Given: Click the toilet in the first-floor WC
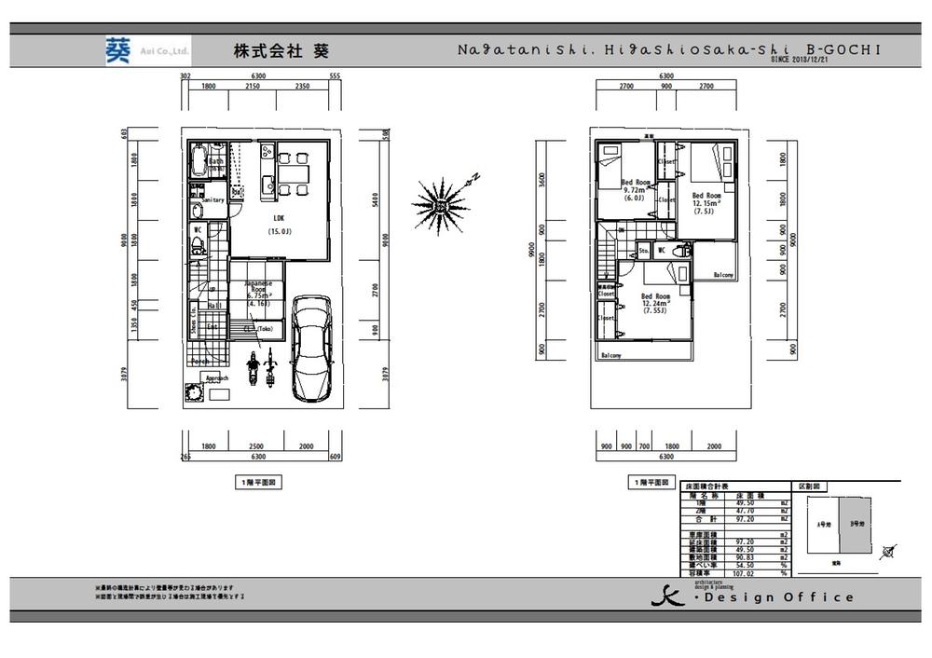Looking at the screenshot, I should pyautogui.click(x=198, y=246).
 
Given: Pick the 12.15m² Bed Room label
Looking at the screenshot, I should pyautogui.click(x=706, y=202).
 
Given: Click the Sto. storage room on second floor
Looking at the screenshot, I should pyautogui.click(x=643, y=252).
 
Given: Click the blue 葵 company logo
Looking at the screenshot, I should pyautogui.click(x=117, y=49).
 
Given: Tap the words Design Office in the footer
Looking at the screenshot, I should pyautogui.click(x=779, y=597).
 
